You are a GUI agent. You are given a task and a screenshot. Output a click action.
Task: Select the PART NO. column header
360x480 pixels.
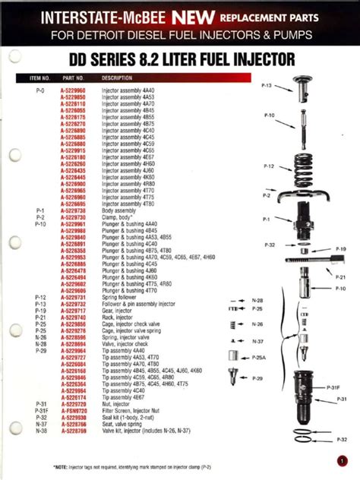point(74,77)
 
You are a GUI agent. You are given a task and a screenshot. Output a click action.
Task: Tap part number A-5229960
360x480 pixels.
point(74,90)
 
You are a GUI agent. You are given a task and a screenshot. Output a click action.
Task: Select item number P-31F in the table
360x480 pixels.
point(41,409)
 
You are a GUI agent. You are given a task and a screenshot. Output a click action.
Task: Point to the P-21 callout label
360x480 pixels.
point(340,277)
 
